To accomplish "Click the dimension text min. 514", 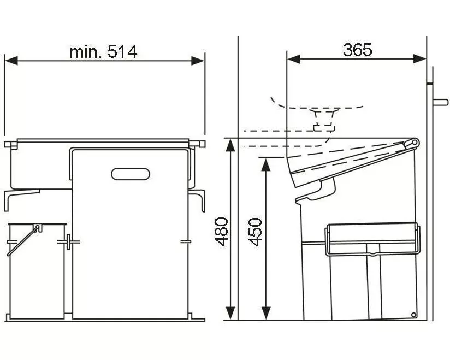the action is (x=103, y=52).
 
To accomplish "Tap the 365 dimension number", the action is (x=357, y=50).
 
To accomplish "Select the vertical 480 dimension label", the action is (x=222, y=232).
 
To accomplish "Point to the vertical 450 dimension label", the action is (x=255, y=232).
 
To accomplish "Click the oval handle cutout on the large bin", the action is (x=131, y=174).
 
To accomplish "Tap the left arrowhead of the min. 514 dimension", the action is (x=11, y=61).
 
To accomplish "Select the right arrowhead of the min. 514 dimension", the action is (x=198, y=61).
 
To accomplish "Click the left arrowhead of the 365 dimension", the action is (x=294, y=60).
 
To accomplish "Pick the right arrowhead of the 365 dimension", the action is (x=420, y=60).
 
